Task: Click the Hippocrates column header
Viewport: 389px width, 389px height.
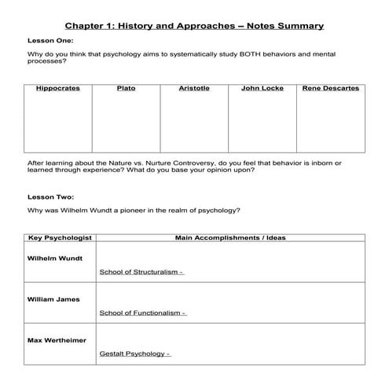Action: [x=57, y=88]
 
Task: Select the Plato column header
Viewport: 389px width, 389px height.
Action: [x=126, y=88]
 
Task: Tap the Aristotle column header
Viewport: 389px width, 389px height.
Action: [x=194, y=88]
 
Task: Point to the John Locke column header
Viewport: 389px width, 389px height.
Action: [x=262, y=88]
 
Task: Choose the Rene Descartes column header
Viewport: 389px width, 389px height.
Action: [x=330, y=88]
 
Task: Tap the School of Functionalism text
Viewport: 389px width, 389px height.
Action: [x=142, y=313]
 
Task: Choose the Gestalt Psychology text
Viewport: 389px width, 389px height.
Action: [x=134, y=354]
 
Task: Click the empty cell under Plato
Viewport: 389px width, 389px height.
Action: [x=126, y=122]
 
